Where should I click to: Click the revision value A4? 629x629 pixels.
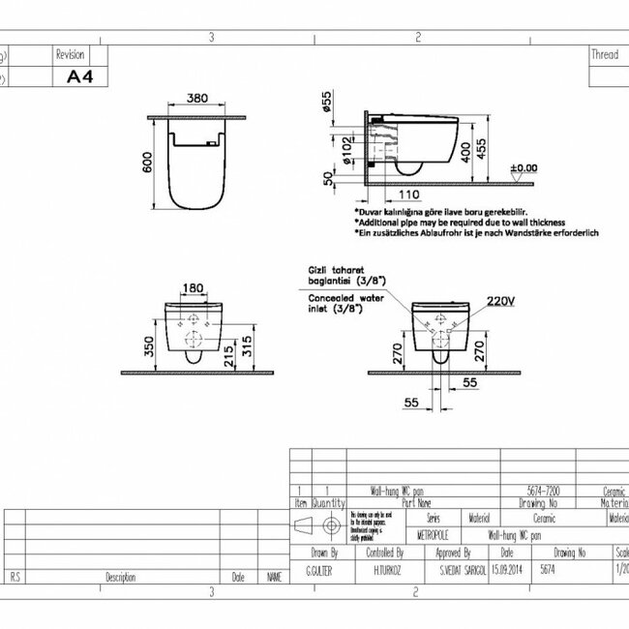pos(78,76)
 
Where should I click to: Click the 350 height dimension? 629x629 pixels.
pos(150,345)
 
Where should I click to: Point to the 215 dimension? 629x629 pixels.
pos(226,355)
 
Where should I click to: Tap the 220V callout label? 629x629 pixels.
pos(499,301)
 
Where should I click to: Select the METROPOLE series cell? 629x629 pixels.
pos(433,533)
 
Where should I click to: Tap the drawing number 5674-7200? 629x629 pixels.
pos(540,492)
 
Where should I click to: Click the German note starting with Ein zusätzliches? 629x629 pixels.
pos(476,233)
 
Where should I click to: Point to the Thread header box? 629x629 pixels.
pos(605,55)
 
